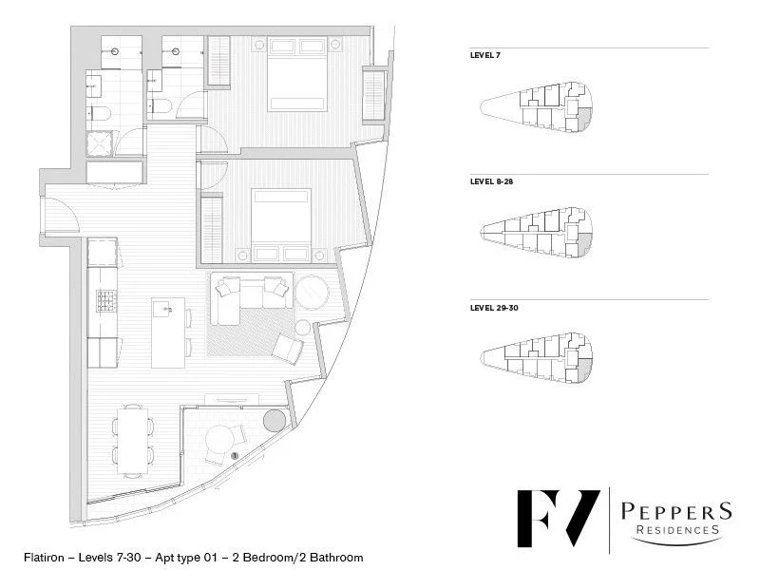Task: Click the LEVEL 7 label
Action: coord(484,56)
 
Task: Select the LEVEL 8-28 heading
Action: coord(491,181)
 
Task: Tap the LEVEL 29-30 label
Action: coord(494,308)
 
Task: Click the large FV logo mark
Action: coord(557,522)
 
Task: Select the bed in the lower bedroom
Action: coord(281,220)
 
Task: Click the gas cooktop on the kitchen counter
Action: coord(103,301)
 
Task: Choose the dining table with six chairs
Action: coord(133,439)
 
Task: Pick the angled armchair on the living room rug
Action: coord(288,349)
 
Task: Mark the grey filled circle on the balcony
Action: coord(275,420)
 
